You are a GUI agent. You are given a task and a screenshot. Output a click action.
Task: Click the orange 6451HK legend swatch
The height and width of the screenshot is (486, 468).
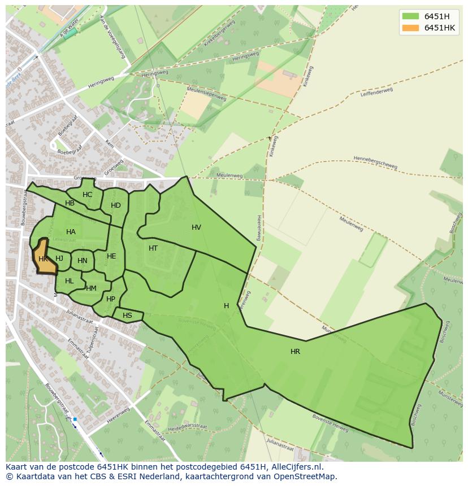click(x=411, y=28)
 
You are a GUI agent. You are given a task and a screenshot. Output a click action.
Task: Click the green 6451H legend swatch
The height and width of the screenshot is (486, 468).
click(x=411, y=16)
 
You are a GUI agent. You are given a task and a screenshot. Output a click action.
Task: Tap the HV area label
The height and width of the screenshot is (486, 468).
click(x=196, y=227)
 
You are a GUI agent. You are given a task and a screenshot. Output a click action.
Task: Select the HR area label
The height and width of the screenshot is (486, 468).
click(x=295, y=352)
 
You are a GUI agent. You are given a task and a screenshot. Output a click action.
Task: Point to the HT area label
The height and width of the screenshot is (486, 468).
click(x=153, y=248)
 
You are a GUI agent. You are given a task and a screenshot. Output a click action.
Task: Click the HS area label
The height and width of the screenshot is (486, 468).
click(x=127, y=316)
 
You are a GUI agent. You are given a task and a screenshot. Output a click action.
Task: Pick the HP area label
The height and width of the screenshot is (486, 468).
click(x=111, y=299)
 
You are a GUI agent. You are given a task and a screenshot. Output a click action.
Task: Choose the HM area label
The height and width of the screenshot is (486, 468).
click(x=91, y=288)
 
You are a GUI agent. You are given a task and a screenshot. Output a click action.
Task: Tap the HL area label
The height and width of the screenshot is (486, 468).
click(x=69, y=281)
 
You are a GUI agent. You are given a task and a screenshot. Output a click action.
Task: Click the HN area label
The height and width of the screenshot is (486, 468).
click(x=83, y=261)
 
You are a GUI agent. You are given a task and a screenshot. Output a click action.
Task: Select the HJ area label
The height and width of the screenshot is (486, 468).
click(x=59, y=259)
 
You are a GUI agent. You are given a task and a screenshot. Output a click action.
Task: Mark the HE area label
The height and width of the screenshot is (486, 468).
click(x=111, y=256)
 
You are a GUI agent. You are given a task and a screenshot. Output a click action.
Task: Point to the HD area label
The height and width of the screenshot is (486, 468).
click(x=116, y=205)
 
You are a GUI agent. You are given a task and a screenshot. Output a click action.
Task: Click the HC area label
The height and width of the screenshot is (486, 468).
click(x=87, y=195)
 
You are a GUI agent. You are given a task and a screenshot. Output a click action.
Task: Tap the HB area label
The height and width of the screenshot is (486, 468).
click(x=70, y=203)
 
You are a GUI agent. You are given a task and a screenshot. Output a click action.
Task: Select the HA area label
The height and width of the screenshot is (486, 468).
click(x=71, y=232)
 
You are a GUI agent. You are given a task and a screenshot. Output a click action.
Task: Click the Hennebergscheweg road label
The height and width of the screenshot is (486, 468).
click(x=375, y=163)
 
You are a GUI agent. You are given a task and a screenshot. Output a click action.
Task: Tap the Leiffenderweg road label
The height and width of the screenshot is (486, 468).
click(x=376, y=91)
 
